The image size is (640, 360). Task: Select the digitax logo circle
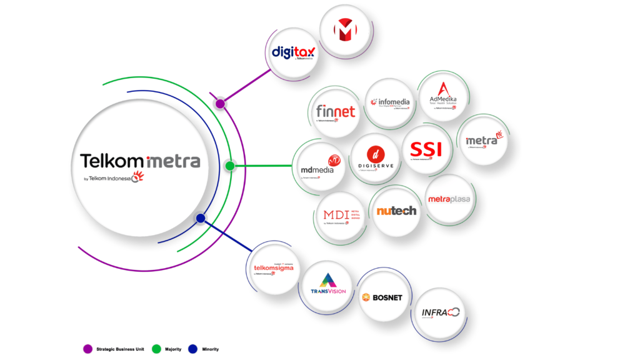[294, 52]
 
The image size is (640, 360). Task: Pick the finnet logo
[336, 112]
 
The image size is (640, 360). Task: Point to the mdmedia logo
[319, 166]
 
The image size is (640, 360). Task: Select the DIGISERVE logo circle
[374, 157]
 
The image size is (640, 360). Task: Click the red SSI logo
[426, 149]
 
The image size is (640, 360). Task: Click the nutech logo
[396, 211]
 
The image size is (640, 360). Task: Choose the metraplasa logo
[448, 200]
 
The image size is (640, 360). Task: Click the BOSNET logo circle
[382, 297]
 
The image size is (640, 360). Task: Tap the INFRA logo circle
[440, 312]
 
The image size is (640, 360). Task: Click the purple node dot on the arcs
[220, 104]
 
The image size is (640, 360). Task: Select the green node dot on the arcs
[230, 166]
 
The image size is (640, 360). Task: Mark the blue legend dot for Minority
[193, 349]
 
